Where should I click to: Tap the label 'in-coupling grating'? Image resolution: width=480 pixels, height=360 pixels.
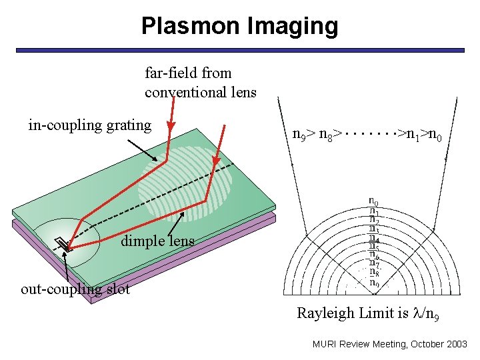tap(90, 125)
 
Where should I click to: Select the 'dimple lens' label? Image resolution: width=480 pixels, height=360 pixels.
tap(157, 241)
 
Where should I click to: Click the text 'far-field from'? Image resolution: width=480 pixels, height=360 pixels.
tap(188, 73)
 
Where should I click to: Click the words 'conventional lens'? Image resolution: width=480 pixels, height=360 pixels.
tap(201, 92)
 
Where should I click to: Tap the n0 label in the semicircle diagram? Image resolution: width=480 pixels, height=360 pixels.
tap(374, 201)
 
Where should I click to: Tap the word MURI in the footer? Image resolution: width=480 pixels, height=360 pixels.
tap(325, 344)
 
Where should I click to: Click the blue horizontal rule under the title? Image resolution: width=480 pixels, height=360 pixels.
tap(240, 50)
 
